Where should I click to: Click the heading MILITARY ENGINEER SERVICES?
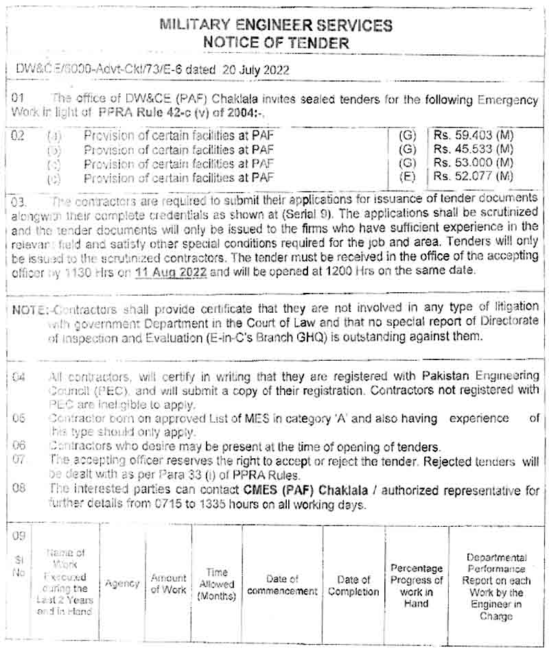click(276, 25)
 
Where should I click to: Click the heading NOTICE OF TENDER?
click(276, 43)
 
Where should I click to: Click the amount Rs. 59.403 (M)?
click(474, 135)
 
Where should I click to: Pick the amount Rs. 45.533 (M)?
click(474, 149)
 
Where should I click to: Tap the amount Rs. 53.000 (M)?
click(474, 163)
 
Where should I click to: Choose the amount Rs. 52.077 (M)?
click(474, 177)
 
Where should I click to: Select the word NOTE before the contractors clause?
click(28, 308)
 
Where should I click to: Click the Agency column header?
click(122, 584)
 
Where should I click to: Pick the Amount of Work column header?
click(169, 584)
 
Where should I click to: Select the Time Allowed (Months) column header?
click(216, 584)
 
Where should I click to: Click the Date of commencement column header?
click(283, 585)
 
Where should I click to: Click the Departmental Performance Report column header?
click(496, 586)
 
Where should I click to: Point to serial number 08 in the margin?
click(19, 489)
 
